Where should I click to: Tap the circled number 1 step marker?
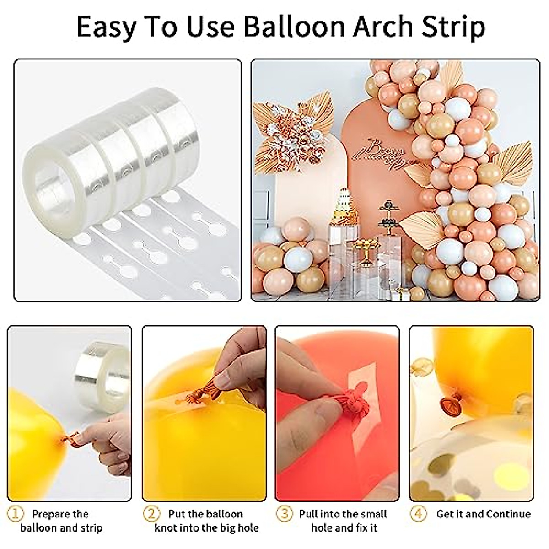pyautogui.click(x=17, y=514)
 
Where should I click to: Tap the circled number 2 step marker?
pyautogui.click(x=151, y=514)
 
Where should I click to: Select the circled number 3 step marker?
pyautogui.click(x=285, y=514)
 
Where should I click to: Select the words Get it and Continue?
pyautogui.click(x=484, y=514)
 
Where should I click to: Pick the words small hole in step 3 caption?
pyautogui.click(x=364, y=514)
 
